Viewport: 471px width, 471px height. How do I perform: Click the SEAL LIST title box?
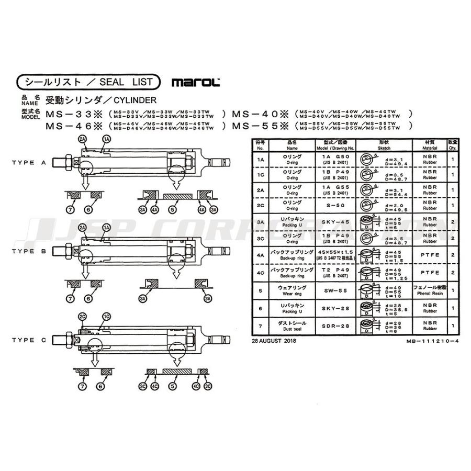[x=88, y=82]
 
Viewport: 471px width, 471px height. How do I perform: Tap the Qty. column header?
[x=453, y=145]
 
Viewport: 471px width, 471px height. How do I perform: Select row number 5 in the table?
[x=260, y=288]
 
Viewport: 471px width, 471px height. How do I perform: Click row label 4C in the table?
[x=260, y=273]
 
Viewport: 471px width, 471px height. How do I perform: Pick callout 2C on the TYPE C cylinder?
[x=82, y=317]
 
